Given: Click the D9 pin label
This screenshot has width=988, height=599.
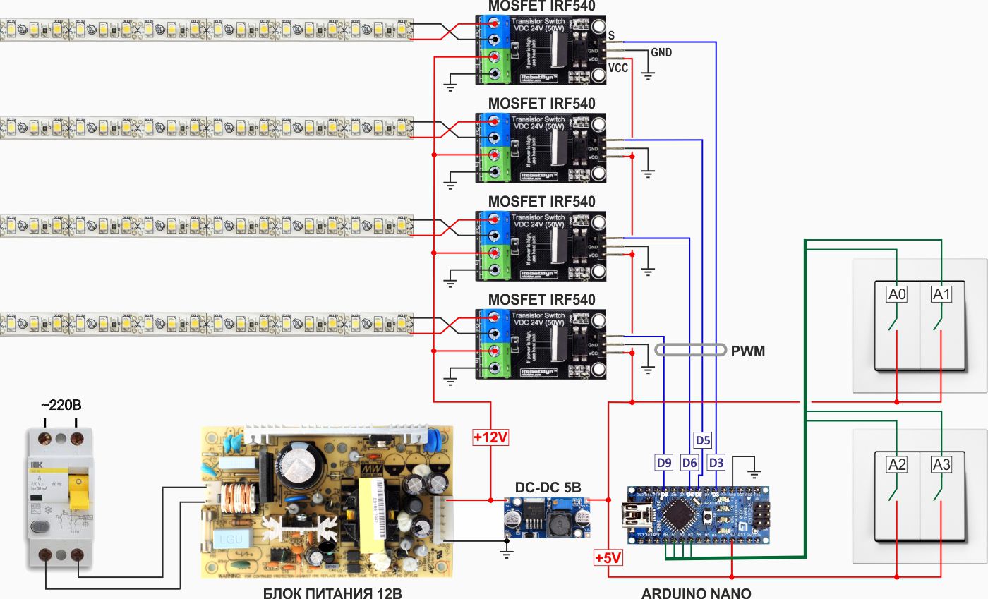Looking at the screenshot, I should click(x=663, y=464).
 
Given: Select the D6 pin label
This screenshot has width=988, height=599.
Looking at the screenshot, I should click(x=689, y=464).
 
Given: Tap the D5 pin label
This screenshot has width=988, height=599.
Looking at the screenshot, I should click(x=703, y=440).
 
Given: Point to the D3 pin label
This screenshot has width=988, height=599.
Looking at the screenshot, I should click(x=716, y=464).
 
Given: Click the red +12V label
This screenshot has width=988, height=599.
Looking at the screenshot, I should click(x=490, y=437).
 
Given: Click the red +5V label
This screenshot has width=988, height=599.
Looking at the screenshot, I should click(x=608, y=558).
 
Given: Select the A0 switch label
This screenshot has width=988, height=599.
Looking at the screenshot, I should click(x=897, y=294).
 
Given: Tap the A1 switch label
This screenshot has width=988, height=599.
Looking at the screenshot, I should click(x=941, y=294).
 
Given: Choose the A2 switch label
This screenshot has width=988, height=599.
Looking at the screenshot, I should click(x=897, y=464).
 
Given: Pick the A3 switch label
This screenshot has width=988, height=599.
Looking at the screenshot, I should click(x=941, y=464).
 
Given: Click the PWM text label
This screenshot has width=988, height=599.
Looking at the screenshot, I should click(x=748, y=351).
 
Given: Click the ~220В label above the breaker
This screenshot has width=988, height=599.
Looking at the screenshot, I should click(x=60, y=406).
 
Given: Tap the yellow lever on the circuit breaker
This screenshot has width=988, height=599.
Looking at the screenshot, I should click(x=79, y=491).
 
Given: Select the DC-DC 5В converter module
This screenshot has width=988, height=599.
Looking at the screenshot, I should click(x=547, y=518).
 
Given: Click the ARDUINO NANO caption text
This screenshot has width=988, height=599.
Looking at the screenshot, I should click(x=696, y=592).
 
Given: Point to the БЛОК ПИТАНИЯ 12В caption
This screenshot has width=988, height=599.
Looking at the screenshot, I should click(x=332, y=592).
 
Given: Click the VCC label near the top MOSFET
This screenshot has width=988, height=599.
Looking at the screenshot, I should click(x=617, y=68).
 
